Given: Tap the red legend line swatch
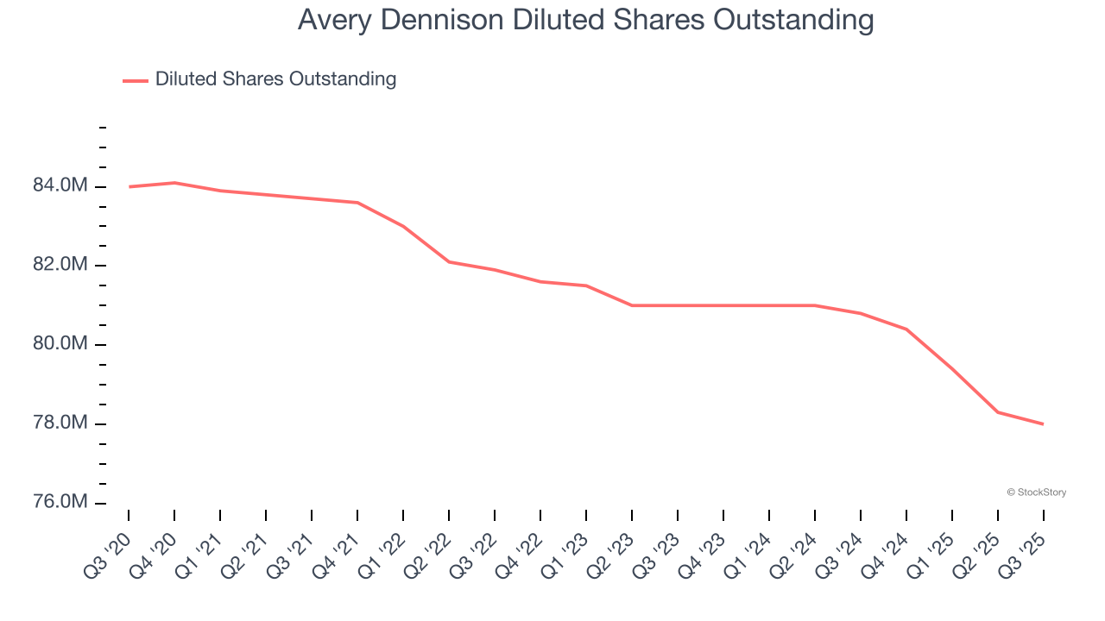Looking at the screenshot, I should [136, 80].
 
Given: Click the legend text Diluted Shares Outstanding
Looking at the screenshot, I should [275, 79].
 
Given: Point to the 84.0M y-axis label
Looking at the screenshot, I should [60, 185].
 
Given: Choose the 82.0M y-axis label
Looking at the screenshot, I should [60, 264].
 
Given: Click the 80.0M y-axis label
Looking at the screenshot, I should [60, 344].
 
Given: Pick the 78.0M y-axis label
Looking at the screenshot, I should [60, 423].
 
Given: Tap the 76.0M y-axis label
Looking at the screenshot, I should [60, 502].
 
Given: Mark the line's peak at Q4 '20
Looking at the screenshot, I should [174, 183].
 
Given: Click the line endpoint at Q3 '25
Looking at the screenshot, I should [1043, 424].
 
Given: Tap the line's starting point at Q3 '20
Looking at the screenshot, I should [129, 186].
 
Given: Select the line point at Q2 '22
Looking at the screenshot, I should [449, 261].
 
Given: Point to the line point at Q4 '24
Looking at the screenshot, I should [906, 329].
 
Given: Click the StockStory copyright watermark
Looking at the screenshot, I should [1036, 492].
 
